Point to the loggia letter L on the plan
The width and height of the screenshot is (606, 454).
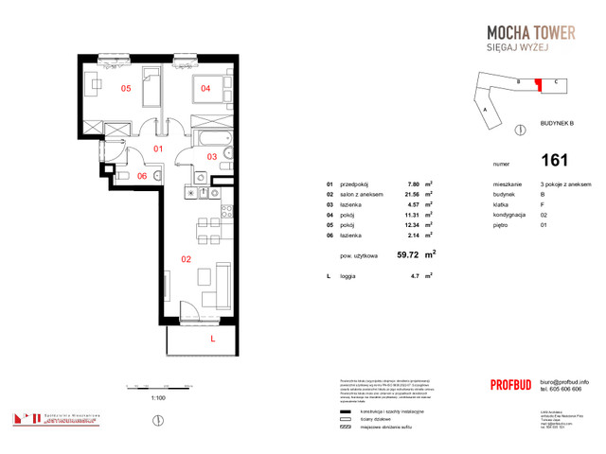(213, 337)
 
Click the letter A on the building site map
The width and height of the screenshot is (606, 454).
(485, 110)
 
